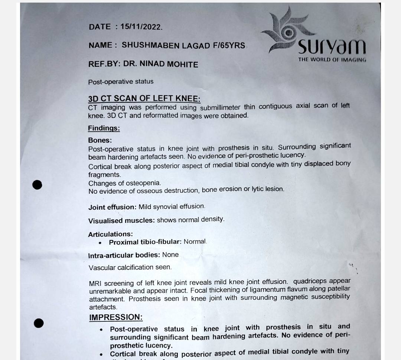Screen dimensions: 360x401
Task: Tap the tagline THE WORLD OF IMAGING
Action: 332,59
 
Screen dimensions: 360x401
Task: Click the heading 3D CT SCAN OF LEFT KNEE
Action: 144,99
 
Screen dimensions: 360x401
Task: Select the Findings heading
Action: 104,128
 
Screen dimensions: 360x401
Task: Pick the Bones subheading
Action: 100,140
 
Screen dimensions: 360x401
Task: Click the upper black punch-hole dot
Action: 37,184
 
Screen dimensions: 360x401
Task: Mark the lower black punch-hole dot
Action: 39,323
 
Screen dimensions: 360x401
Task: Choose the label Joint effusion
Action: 112,207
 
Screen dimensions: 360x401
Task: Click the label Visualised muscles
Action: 121,220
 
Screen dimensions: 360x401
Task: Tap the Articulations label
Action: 110,234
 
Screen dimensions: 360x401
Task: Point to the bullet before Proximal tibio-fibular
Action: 100,243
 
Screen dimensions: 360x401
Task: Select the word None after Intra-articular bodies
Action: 170,255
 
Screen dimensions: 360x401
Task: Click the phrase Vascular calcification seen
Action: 130,267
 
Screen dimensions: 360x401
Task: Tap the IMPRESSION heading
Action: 115,317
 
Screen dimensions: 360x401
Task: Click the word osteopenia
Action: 144,183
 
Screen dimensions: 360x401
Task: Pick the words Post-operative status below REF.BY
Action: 121,82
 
